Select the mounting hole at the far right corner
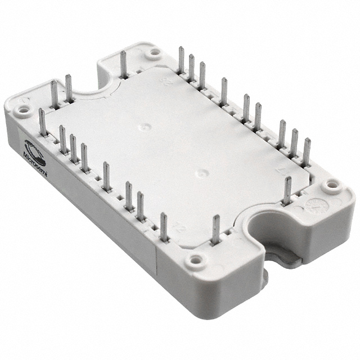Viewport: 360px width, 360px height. pyautogui.click(x=332, y=184)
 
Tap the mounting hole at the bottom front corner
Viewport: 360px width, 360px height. pyautogui.click(x=195, y=260)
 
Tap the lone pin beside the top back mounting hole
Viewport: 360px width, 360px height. pyautogui.click(x=123, y=64)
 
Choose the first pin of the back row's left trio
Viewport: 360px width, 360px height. pyautogui.click(x=181, y=61)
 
